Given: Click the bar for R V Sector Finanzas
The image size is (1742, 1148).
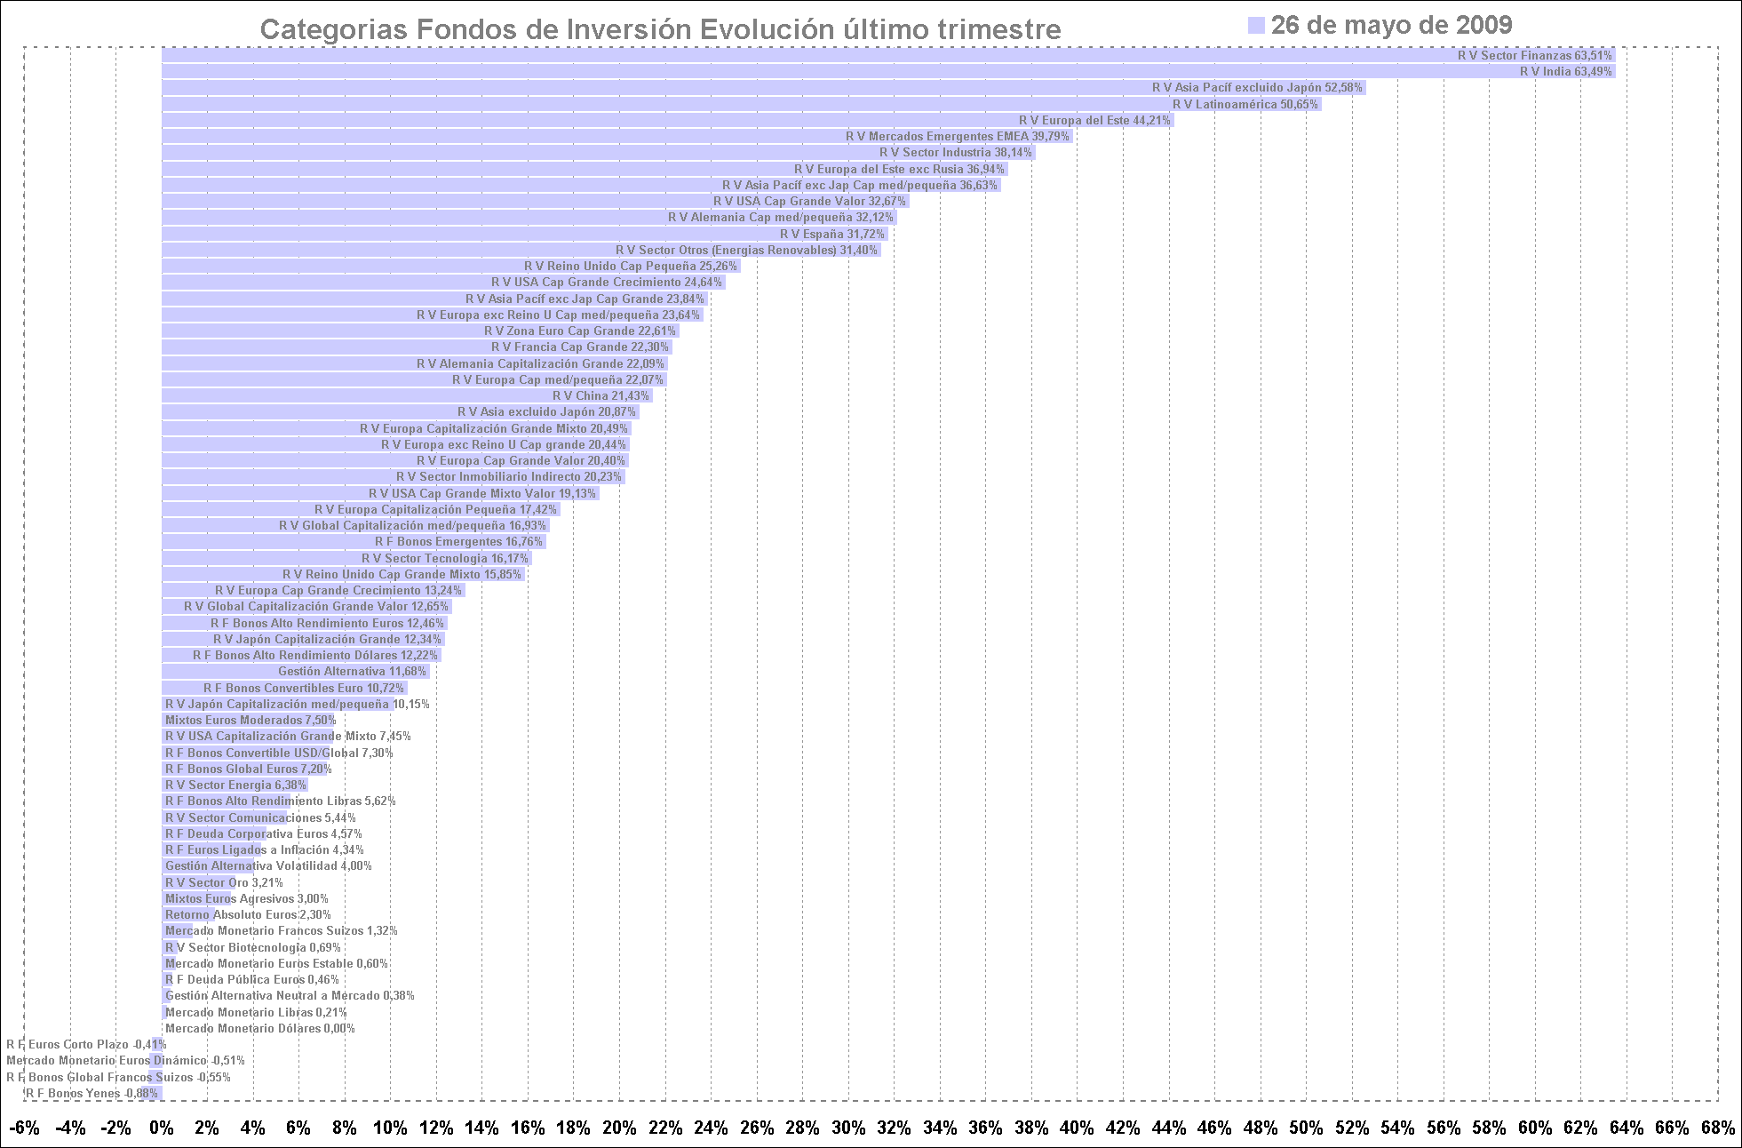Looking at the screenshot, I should tap(888, 55).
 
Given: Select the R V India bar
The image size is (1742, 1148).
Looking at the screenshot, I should tap(888, 71).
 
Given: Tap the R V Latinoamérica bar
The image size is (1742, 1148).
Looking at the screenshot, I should tap(741, 104).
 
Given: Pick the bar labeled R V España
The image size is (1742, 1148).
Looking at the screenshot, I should tap(524, 234).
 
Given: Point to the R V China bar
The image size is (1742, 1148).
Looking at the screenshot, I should tap(406, 395).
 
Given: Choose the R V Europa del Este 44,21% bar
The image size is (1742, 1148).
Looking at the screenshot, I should tap(667, 120).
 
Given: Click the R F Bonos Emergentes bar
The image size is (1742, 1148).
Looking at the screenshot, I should tap(354, 541).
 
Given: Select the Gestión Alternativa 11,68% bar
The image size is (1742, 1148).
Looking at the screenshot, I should tap(295, 671).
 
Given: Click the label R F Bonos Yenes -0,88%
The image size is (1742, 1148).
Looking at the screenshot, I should tap(91, 1093).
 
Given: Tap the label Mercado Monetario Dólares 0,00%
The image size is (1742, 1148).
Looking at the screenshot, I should tap(260, 1028).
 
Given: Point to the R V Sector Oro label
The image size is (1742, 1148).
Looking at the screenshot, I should tap(224, 882).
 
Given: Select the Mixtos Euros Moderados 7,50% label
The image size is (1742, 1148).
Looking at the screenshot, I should tap(251, 720).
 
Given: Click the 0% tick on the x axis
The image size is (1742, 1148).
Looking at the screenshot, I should tap(162, 1128).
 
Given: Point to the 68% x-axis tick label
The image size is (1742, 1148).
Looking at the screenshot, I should tap(1717, 1128).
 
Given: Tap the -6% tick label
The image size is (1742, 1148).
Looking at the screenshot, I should tap(24, 1128).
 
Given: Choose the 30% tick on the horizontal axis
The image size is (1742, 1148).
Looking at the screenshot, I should tap(848, 1128).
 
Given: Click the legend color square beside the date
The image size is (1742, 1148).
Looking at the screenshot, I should tap(1256, 25).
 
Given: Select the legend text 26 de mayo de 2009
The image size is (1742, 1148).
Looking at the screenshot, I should tap(1391, 25).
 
